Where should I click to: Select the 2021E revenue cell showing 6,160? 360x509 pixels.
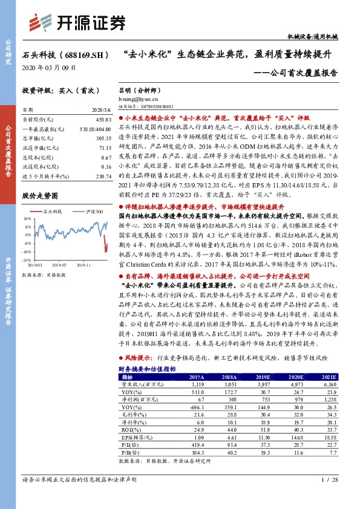326,384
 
